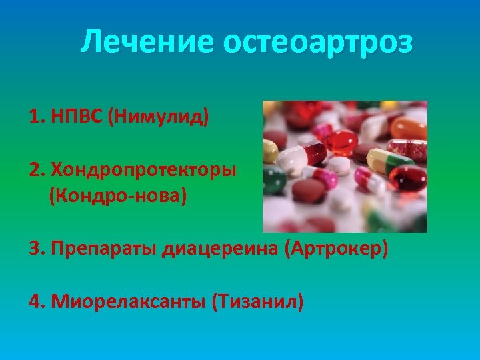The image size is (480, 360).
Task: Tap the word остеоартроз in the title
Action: [318, 43]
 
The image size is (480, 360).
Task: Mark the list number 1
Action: [35, 118]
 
